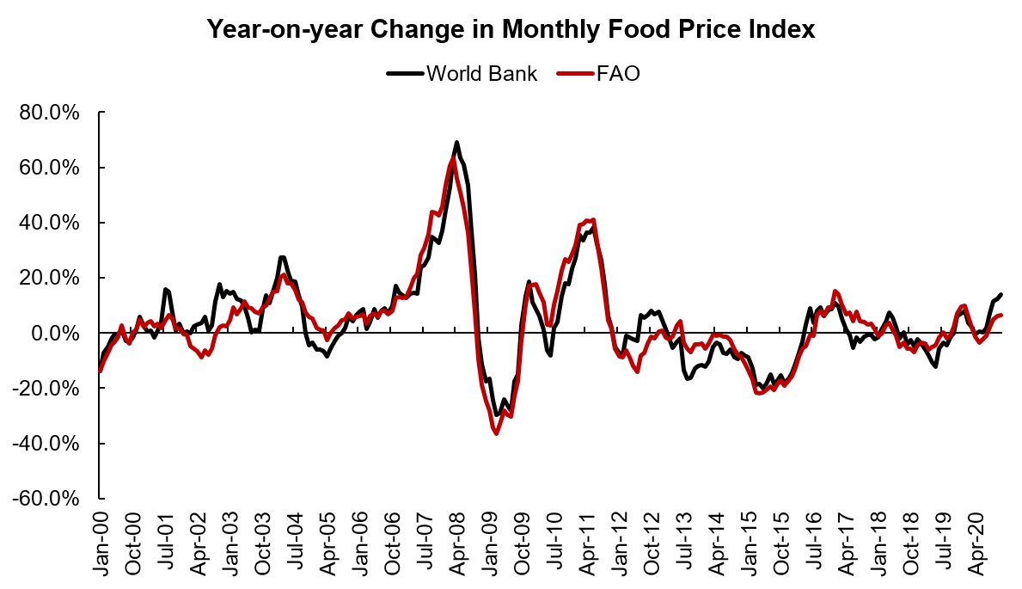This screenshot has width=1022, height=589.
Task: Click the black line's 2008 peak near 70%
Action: tap(456, 143)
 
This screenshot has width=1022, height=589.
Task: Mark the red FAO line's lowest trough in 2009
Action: tap(497, 433)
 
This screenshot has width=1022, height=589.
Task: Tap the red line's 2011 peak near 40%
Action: tap(593, 220)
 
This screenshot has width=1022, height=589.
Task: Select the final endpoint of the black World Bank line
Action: tap(1002, 295)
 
